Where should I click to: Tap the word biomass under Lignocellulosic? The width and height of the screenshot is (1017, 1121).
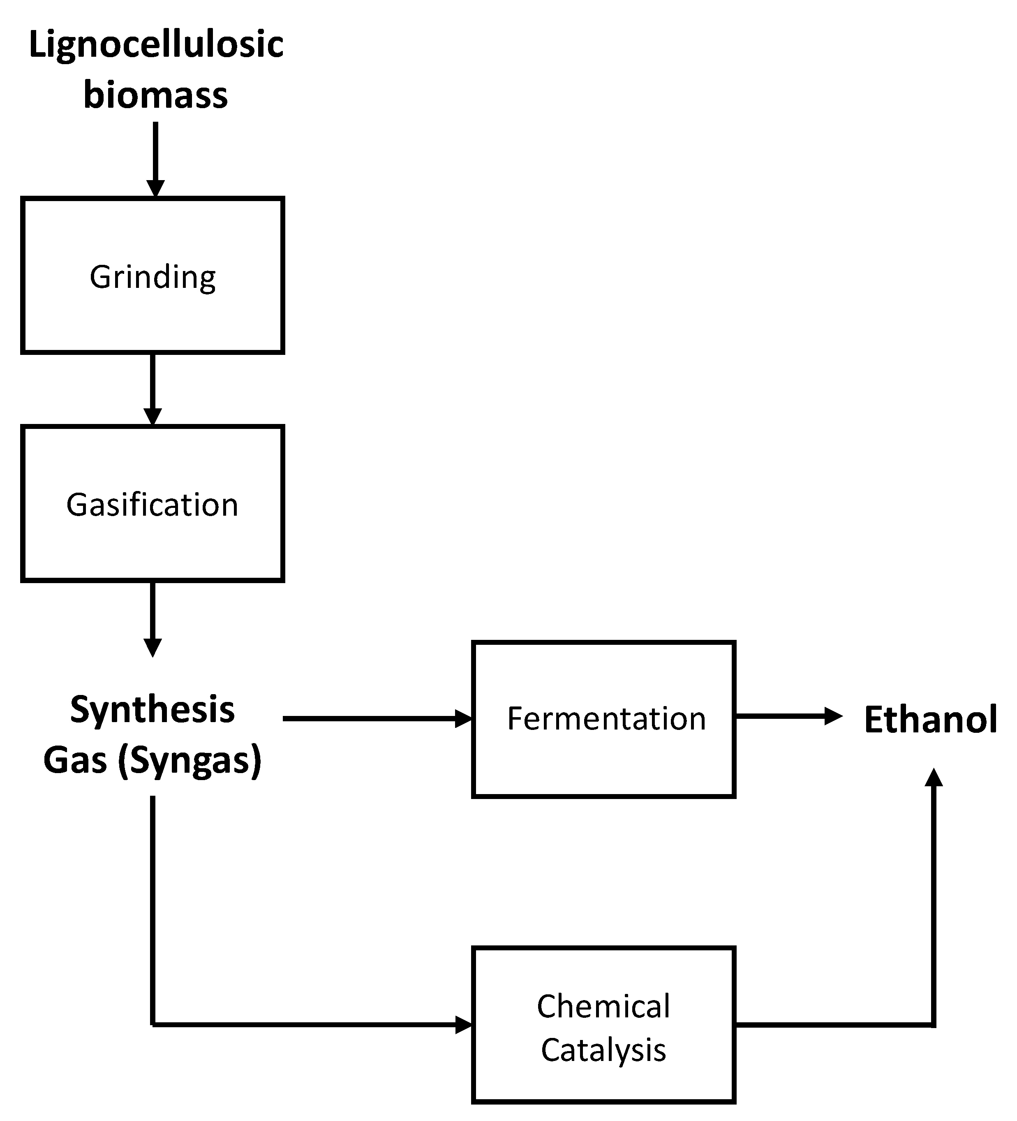pyautogui.click(x=156, y=95)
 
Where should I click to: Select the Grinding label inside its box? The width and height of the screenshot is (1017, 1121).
pyautogui.click(x=153, y=277)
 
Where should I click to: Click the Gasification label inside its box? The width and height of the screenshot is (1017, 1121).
pyautogui.click(x=152, y=505)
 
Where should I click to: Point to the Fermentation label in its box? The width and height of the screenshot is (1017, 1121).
pyautogui.click(x=606, y=718)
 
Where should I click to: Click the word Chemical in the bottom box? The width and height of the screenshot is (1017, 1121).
pyautogui.click(x=603, y=1006)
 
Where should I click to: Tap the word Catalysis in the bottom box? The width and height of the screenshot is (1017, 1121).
pyautogui.click(x=603, y=1050)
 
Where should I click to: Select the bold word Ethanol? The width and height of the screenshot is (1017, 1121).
pyautogui.click(x=931, y=720)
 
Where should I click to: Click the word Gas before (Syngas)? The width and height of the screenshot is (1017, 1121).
pyautogui.click(x=75, y=760)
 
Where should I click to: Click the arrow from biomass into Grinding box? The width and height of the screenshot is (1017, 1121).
pyautogui.click(x=156, y=158)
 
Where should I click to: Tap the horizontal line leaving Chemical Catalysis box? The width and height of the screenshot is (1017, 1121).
pyautogui.click(x=834, y=1024)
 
